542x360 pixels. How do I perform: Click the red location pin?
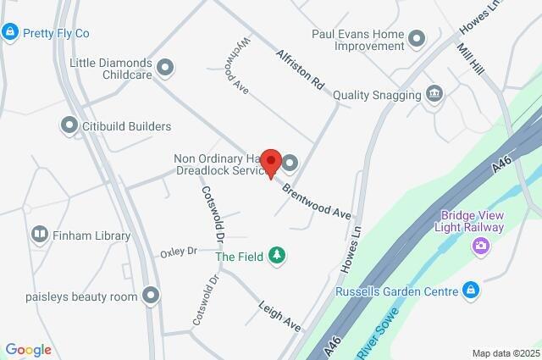270,162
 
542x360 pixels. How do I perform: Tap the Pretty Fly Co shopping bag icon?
9,33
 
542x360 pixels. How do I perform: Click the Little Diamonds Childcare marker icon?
165,66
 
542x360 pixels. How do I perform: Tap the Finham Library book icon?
40,235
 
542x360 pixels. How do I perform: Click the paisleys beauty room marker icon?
151,296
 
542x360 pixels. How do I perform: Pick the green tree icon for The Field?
276,255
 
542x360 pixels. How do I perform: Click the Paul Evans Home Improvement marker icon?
416,38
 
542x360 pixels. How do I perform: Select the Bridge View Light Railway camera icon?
482,246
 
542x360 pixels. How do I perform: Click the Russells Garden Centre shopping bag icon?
472,291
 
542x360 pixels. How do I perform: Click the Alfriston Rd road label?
300,69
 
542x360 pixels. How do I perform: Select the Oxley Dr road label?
179,252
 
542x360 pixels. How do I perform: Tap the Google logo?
28,350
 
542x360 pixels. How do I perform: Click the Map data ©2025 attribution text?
505,353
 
